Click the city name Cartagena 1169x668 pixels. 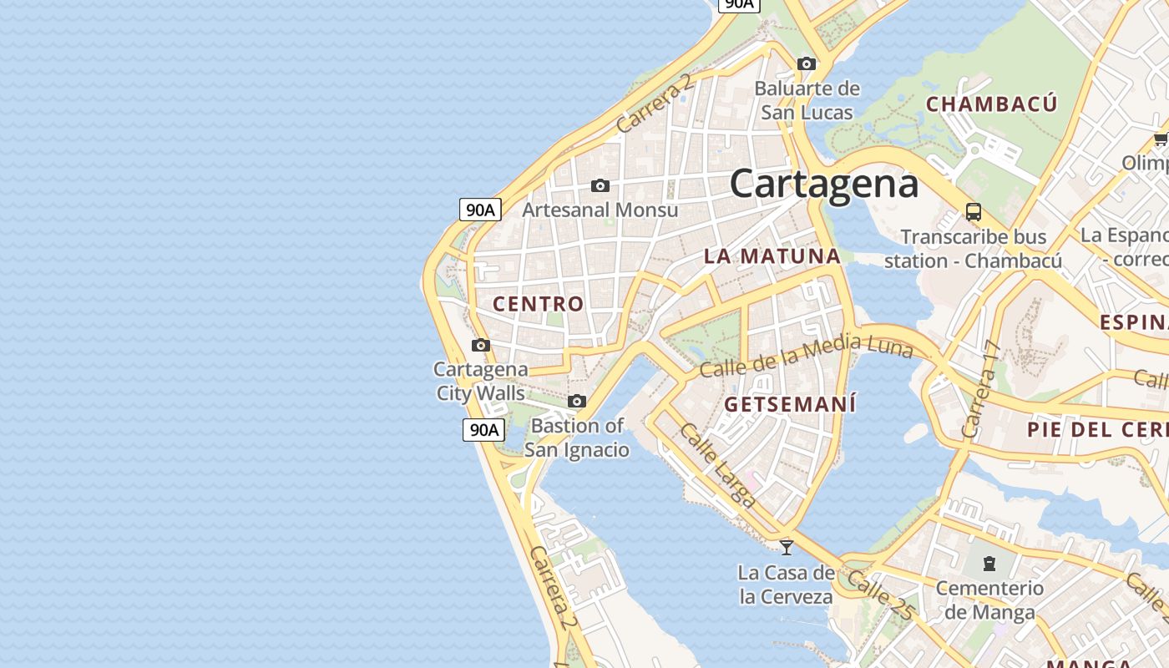823,184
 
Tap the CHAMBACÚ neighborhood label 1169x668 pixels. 991,104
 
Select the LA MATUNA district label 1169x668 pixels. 772,256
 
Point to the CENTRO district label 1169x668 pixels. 538,304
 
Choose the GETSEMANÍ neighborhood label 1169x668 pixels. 790,405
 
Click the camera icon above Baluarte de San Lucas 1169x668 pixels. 806,63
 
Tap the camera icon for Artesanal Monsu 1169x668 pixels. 600,185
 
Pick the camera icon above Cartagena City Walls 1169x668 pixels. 480,345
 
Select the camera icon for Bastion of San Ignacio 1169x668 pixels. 576,402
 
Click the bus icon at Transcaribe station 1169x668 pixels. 973,211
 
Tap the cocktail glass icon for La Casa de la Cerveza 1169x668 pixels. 786,548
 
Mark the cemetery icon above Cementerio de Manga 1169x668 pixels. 989,564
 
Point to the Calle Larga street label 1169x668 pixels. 717,466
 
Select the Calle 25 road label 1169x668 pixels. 879,595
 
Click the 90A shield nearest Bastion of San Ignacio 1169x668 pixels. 483,430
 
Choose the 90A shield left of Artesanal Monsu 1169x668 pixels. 480,210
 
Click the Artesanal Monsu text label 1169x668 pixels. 600,210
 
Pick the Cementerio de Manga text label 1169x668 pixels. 989,600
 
